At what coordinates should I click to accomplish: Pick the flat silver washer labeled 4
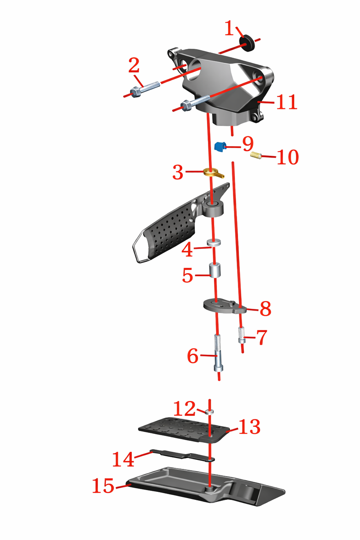coord(214,243)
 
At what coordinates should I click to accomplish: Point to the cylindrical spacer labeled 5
coord(215,270)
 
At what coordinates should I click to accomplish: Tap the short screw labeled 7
coord(242,336)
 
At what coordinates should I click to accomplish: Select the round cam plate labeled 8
coord(224,306)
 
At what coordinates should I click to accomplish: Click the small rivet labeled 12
coord(209,412)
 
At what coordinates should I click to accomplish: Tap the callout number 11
coord(286,102)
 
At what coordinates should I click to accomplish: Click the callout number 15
coord(103,485)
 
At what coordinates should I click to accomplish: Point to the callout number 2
coord(134,65)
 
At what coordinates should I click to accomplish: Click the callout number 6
coord(193,356)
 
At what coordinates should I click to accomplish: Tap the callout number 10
coord(288,157)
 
